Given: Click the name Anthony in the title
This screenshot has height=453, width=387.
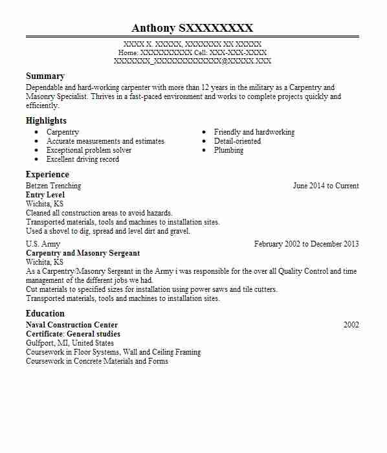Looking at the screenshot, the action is point(153,28).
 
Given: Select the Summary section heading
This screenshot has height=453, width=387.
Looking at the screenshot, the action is point(45,76).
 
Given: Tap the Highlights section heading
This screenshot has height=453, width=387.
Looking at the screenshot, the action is point(46,120).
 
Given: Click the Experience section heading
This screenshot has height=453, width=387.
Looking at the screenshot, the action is point(47,174).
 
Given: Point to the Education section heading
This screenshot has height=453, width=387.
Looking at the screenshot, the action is point(45,313).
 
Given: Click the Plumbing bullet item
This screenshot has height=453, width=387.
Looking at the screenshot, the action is point(228,150).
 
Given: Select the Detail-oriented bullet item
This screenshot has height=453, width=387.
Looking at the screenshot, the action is point(238,141).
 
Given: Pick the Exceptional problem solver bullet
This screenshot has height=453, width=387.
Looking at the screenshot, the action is point(89,150).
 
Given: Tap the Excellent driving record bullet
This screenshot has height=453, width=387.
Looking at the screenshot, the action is point(83,159).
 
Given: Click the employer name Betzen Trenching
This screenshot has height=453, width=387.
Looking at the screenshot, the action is point(53,186).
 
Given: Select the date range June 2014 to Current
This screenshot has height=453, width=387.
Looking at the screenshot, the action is point(326,186).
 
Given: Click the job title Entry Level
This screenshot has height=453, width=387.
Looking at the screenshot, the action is point(45,195).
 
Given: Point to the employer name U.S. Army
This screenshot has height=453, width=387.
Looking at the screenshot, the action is point(43,244).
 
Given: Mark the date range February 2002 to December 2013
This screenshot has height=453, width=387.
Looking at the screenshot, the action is point(306,244).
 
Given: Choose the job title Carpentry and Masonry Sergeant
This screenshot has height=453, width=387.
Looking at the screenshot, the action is point(83,253).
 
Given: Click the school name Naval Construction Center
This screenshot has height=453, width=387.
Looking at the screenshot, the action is point(72,325).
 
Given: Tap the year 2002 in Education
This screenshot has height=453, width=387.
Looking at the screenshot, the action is point(351,325).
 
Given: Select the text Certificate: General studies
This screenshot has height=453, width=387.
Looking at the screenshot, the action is point(73,334).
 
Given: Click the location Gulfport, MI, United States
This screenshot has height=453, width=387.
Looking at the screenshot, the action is point(70,343).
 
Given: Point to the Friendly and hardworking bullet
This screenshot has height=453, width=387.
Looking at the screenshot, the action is point(254,132).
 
